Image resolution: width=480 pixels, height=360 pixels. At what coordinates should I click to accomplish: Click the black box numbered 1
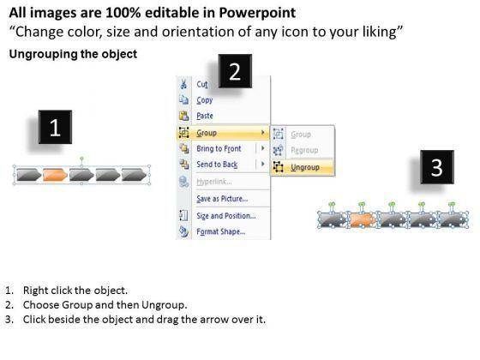coord(55,127)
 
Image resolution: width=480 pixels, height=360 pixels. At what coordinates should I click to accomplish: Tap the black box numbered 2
coord(235,71)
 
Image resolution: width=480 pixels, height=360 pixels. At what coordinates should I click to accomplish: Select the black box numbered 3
coord(437,167)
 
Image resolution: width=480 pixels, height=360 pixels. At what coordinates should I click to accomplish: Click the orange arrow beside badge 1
coord(55,175)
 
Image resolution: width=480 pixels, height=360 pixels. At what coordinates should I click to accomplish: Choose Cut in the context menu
coord(202,84)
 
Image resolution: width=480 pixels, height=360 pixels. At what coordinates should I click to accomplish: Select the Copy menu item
coord(205,100)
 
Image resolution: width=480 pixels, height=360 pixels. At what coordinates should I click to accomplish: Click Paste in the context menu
coord(205,116)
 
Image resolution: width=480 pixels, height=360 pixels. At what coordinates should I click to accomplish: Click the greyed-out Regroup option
coord(304,150)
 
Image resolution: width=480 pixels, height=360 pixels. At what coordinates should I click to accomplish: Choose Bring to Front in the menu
coord(219,148)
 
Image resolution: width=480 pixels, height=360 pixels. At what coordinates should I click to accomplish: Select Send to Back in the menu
coord(217,165)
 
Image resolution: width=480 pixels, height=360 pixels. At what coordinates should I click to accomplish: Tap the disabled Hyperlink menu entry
coord(213,182)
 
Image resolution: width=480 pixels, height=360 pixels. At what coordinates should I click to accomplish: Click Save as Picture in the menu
coord(222,199)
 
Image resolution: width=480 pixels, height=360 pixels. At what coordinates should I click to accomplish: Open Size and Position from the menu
coord(226,216)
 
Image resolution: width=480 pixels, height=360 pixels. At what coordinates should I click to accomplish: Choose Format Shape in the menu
coord(221,231)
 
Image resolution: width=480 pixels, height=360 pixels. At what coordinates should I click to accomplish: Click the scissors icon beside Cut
coord(183,84)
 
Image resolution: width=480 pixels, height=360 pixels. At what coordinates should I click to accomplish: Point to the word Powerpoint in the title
coord(257,13)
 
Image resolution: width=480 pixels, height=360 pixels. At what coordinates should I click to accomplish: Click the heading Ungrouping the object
coord(73,54)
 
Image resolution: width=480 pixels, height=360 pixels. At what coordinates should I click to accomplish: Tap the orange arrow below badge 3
coord(363,219)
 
